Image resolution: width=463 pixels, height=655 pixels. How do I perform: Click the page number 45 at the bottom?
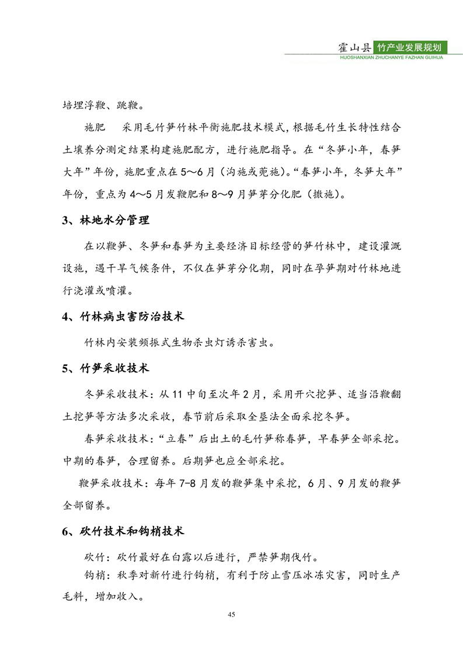231,615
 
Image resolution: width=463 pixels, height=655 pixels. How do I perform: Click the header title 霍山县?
356,48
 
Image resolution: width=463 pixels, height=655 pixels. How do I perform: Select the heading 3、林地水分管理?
106,221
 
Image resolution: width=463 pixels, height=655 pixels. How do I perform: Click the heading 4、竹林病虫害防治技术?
123,317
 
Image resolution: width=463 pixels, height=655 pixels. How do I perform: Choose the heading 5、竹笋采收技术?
106,368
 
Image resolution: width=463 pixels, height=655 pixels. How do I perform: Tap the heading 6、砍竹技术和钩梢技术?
123,531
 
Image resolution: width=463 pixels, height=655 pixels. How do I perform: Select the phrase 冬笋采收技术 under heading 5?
116,395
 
